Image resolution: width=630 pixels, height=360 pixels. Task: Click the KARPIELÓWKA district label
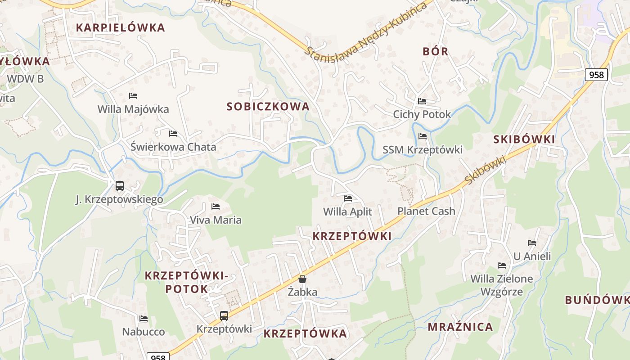click(121, 27)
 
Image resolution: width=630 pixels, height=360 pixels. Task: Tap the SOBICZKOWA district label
click(268, 107)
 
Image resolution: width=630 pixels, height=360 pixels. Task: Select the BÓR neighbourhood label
click(436, 51)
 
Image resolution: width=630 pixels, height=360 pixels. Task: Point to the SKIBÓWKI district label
click(524, 139)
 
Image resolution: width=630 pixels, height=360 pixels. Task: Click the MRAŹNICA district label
click(460, 327)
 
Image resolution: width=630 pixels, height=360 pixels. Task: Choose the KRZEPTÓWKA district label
click(305, 333)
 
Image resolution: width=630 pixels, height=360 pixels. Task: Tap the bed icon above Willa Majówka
click(133, 95)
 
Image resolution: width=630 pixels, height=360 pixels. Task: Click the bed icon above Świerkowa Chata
click(173, 133)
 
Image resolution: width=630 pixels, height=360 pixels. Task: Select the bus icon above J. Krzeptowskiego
click(120, 185)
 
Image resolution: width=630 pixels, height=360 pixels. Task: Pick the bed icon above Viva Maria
click(216, 206)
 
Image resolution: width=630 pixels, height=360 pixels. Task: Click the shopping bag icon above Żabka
click(302, 279)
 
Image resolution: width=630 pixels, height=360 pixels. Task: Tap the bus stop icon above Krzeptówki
click(224, 315)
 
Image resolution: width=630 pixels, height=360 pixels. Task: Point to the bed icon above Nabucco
click(144, 318)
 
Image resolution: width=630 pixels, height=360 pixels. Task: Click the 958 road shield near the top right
click(596, 74)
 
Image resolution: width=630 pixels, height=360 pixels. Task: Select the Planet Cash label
click(426, 211)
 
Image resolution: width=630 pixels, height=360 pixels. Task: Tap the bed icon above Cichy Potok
click(422, 101)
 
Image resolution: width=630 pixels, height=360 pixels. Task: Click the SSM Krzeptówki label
click(423, 149)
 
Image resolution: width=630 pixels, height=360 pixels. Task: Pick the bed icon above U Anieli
click(532, 243)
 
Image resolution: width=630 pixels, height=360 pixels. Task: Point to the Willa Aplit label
click(348, 211)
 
